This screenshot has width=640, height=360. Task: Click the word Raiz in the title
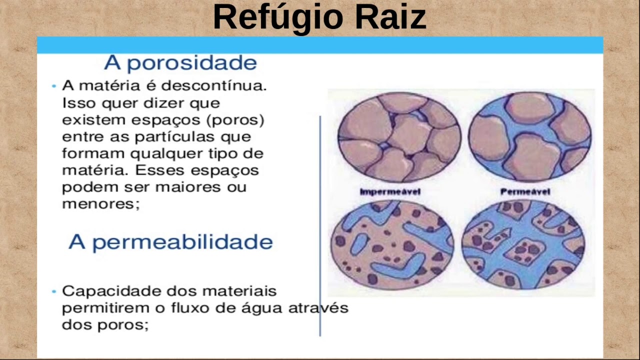[x=390, y=17]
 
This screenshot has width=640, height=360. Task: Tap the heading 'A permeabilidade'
[x=170, y=242]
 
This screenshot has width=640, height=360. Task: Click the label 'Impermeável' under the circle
[x=390, y=191]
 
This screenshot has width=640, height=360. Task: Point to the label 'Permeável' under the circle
[x=525, y=191]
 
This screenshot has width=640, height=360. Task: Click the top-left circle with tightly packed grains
[x=398, y=137]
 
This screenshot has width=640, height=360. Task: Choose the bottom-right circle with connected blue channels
[x=522, y=243]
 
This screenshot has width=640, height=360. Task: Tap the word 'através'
[x=318, y=308]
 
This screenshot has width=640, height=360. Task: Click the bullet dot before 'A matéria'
[x=53, y=86]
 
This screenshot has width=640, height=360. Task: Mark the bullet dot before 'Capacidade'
[x=53, y=291]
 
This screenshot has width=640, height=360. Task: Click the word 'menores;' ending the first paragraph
[x=100, y=204]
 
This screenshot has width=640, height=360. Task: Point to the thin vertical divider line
[x=320, y=225]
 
